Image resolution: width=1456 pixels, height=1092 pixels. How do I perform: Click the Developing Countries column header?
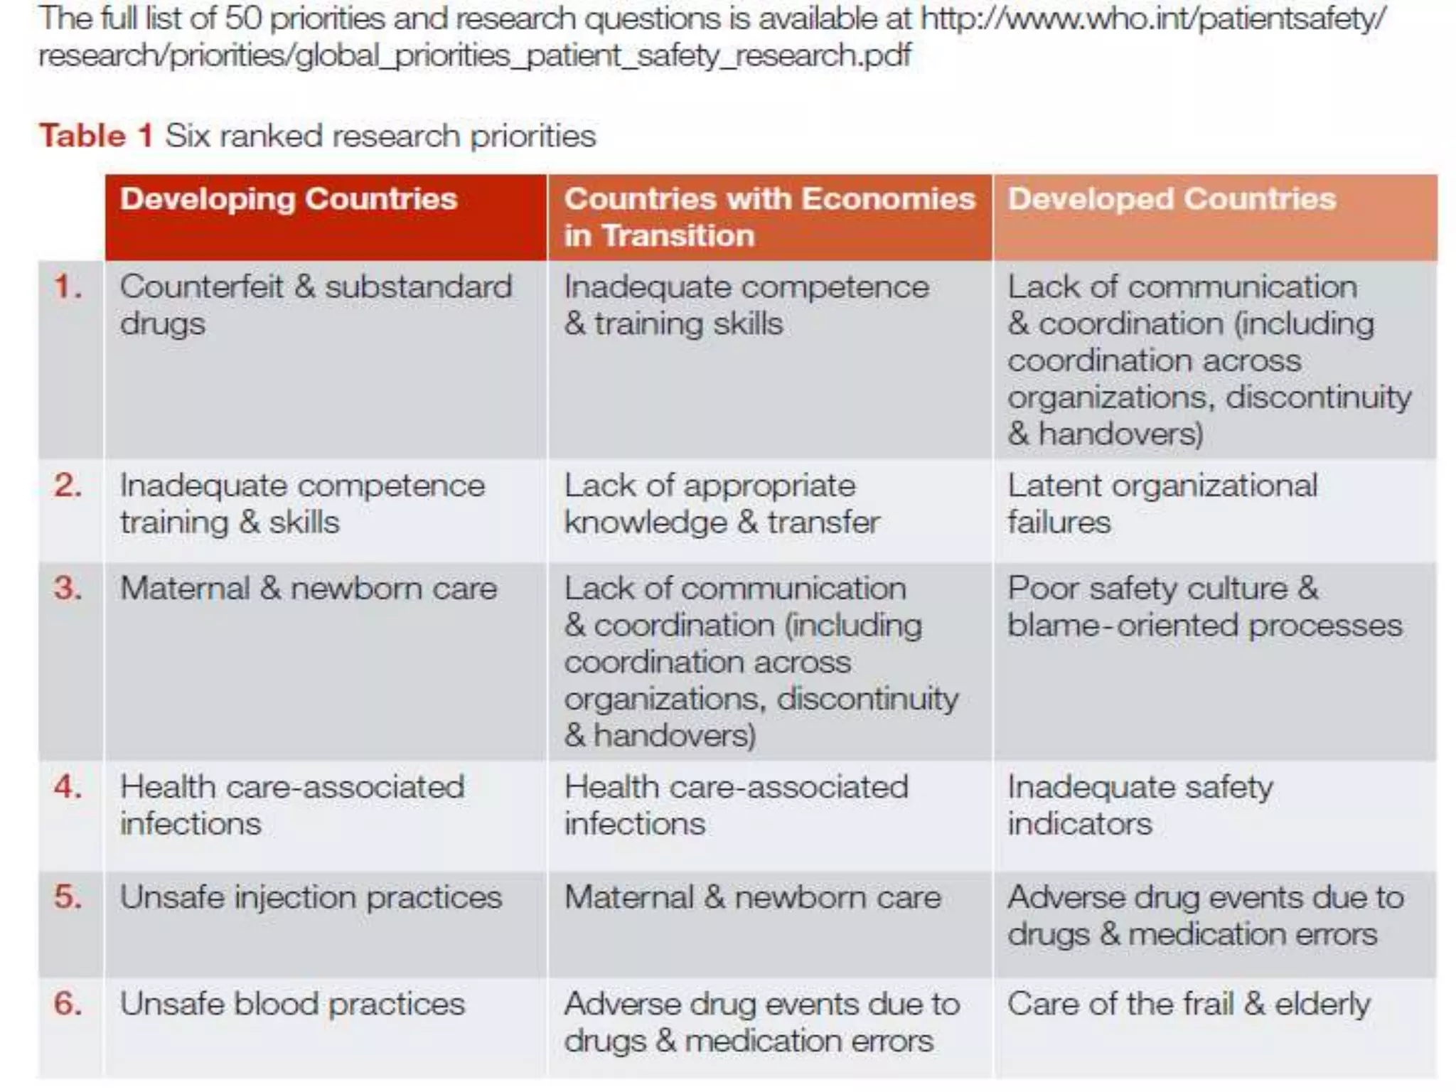click(288, 200)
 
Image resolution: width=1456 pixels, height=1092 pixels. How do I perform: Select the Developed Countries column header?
click(1172, 200)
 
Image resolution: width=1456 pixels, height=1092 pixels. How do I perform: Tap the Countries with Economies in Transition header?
click(769, 217)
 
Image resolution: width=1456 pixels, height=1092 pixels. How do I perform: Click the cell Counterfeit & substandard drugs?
click(315, 305)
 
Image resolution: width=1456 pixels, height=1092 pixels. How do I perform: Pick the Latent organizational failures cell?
click(1162, 503)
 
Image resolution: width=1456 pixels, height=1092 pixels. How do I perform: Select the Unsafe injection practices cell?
click(311, 897)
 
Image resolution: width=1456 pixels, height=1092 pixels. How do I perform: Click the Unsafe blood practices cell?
click(292, 1004)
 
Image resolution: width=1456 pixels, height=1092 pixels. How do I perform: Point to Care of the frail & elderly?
click(1189, 1004)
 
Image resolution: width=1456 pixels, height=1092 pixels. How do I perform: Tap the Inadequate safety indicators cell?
click(1140, 805)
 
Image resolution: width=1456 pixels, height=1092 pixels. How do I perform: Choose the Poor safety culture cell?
click(1204, 606)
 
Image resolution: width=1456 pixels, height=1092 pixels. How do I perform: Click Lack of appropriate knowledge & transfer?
click(722, 503)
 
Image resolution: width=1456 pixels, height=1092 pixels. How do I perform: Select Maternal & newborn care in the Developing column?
click(308, 589)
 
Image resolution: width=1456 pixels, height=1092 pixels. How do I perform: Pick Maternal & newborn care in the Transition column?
click(752, 897)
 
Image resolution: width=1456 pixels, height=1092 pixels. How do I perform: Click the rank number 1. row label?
click(68, 287)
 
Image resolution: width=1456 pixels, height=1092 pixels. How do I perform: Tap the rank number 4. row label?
click(68, 787)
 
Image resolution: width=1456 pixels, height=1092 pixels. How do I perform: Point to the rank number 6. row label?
click(68, 1004)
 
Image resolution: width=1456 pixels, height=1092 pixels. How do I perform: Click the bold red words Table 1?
click(96, 135)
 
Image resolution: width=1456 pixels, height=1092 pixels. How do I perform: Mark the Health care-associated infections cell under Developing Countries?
click(291, 805)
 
